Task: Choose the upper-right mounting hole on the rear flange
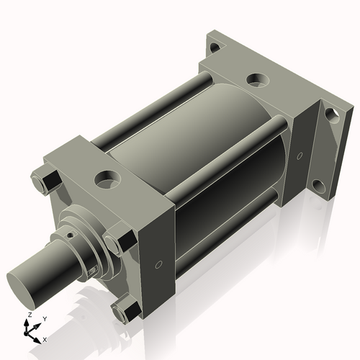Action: coord(330,114)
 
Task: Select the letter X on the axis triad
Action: coord(45,338)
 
